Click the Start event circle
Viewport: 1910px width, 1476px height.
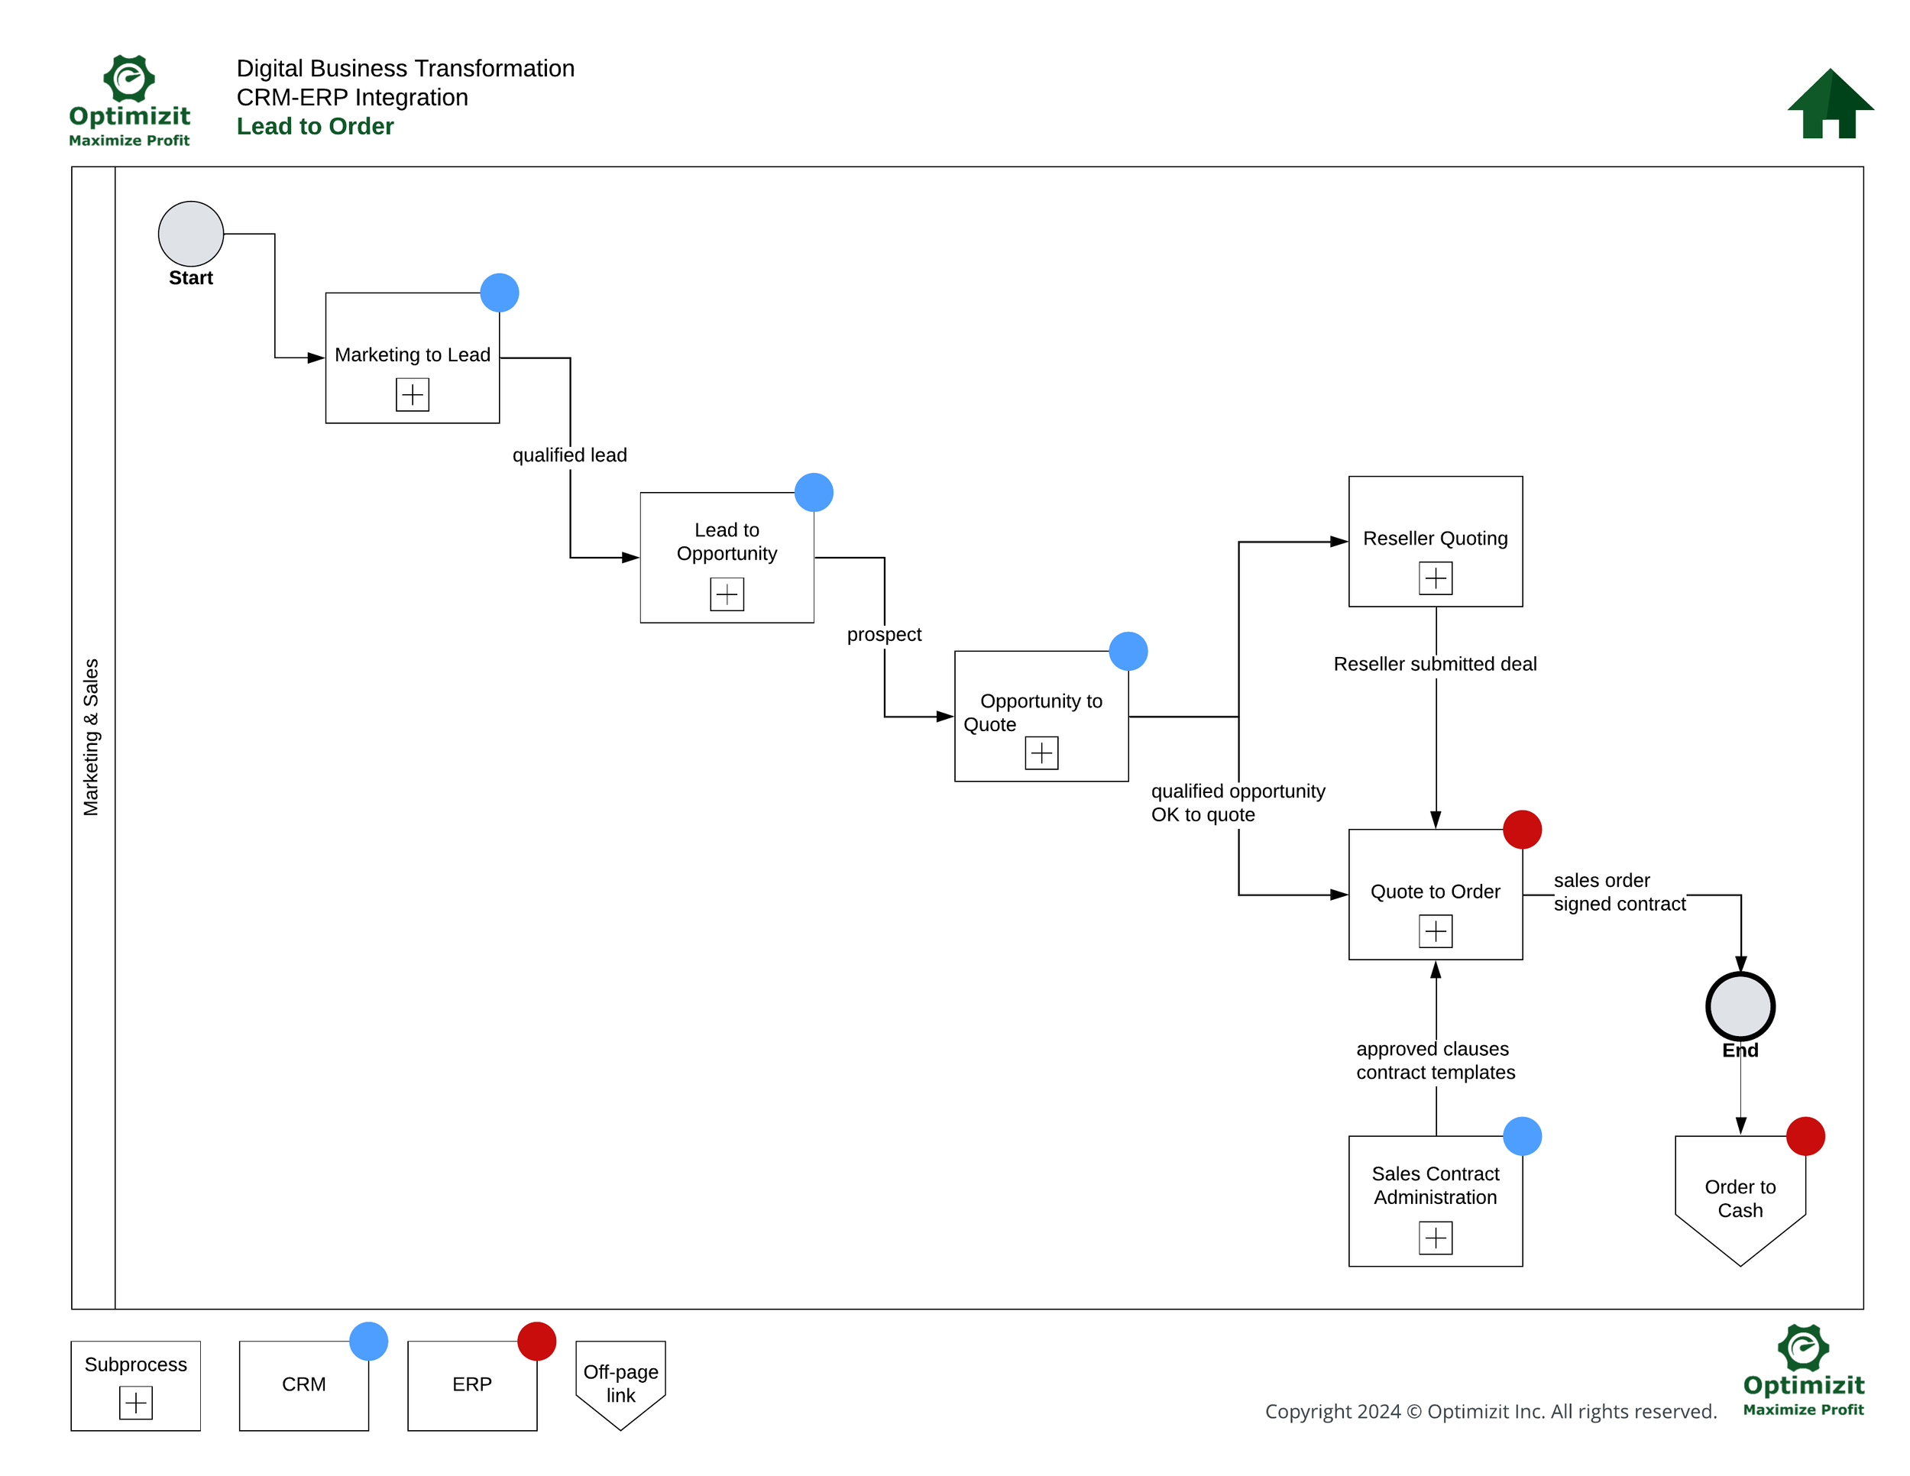coord(191,234)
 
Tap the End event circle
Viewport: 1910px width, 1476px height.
coord(1740,1006)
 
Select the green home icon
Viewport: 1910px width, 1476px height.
coord(1830,104)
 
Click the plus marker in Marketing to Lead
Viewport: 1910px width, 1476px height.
coord(412,394)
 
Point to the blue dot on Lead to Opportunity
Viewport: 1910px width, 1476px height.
coord(814,492)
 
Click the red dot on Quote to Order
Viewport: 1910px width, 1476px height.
coord(1522,829)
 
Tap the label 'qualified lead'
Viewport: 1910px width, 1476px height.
coord(569,455)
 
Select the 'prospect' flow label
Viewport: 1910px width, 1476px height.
coord(883,634)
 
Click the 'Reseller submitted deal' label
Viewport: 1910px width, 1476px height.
coord(1434,664)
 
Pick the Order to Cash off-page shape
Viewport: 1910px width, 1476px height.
coord(1740,1198)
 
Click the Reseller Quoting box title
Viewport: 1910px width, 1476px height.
coord(1434,538)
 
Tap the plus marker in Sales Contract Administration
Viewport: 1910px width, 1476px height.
coord(1435,1238)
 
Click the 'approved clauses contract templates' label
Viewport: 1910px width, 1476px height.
coord(1434,1060)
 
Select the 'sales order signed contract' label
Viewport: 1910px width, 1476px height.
coord(1619,892)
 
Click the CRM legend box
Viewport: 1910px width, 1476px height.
coord(303,1384)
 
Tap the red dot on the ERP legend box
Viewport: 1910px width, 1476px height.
coord(536,1341)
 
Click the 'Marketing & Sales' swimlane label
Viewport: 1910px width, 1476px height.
coord(91,737)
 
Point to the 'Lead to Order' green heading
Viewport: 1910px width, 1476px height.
coord(315,126)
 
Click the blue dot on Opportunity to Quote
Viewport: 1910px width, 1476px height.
coord(1128,652)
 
